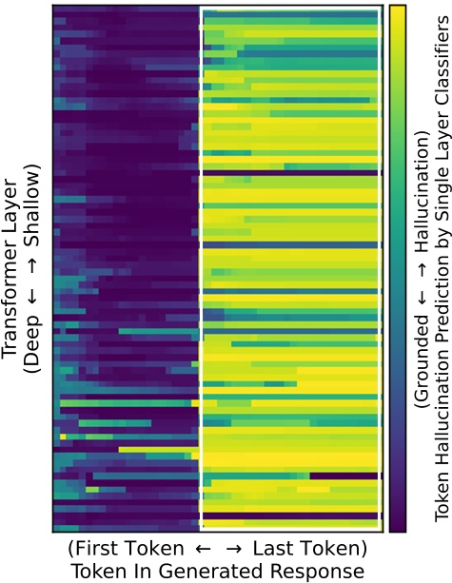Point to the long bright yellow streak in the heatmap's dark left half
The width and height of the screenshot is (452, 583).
point(143,476)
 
